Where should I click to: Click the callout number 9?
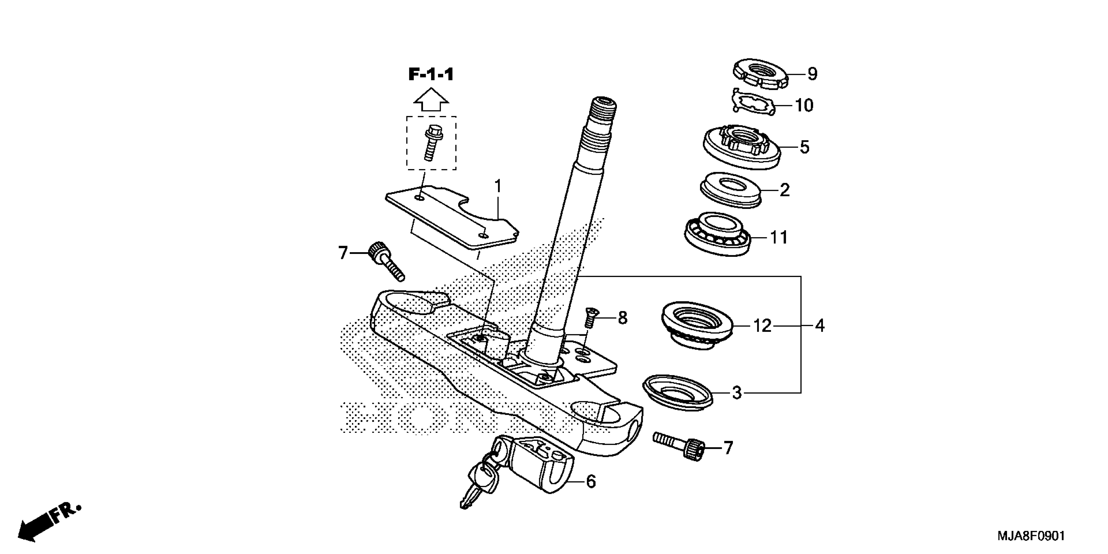[812, 74]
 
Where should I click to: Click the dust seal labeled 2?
[730, 191]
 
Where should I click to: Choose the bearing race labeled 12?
[696, 326]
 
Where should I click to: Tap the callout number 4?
[820, 326]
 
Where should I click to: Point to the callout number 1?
[498, 187]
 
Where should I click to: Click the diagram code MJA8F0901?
[1030, 536]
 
